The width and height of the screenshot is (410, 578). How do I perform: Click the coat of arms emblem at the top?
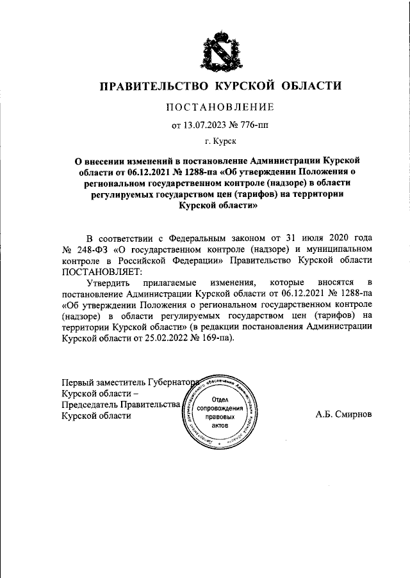pos(220,49)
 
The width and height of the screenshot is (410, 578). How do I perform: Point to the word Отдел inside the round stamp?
pos(220,400)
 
